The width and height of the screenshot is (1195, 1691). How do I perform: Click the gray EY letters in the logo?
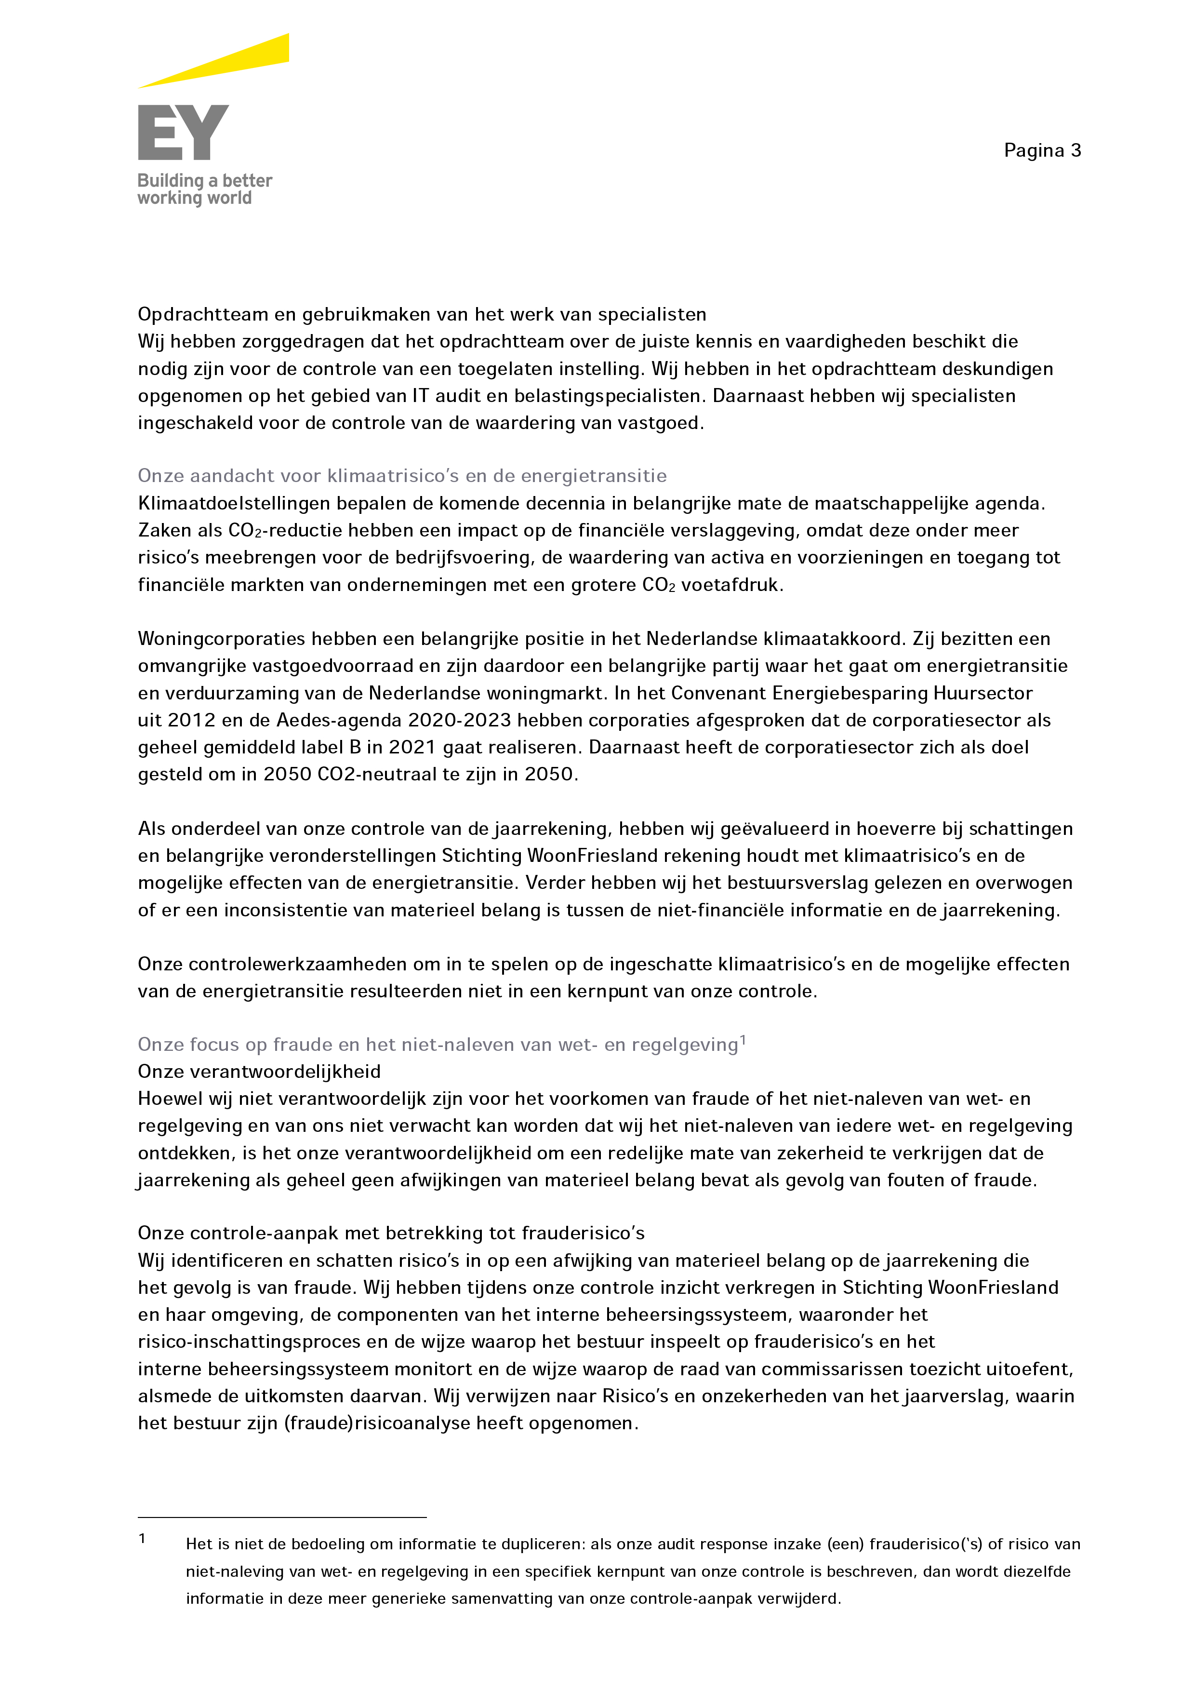pos(183,133)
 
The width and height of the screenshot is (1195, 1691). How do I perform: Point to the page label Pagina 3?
pos(1042,151)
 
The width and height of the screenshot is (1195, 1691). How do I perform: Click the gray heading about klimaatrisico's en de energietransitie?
pos(401,476)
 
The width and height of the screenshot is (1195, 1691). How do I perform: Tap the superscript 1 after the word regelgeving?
pos(743,1040)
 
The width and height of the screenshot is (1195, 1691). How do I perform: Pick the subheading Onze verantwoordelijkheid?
pos(259,1072)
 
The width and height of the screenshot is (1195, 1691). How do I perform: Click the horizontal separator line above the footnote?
pos(282,1517)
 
